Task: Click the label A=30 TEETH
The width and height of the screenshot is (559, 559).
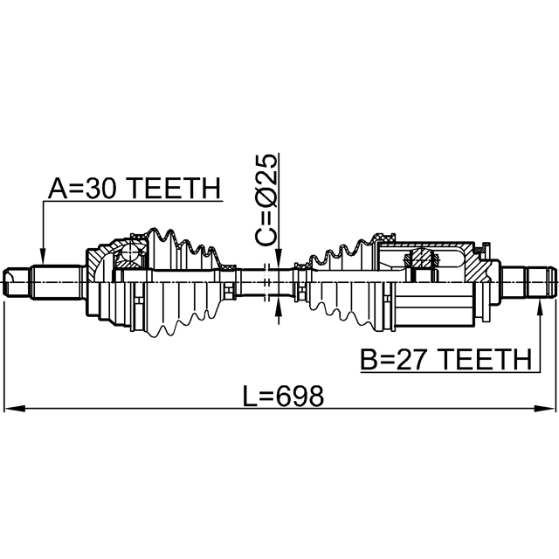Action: pos(135,189)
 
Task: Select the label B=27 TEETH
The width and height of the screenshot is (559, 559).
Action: pos(446,359)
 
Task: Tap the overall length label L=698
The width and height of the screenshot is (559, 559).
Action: pos(283,396)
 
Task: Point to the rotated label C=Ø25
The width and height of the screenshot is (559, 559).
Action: pos(266,200)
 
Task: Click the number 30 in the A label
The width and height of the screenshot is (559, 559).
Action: pos(101,189)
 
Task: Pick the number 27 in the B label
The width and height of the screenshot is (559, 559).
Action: pos(413,359)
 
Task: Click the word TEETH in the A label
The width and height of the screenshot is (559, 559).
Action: pos(174,189)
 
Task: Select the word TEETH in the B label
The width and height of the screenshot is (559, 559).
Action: pos(486,359)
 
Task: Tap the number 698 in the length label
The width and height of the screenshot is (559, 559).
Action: pos(300,396)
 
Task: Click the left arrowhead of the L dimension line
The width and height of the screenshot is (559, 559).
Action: pos(14,409)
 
